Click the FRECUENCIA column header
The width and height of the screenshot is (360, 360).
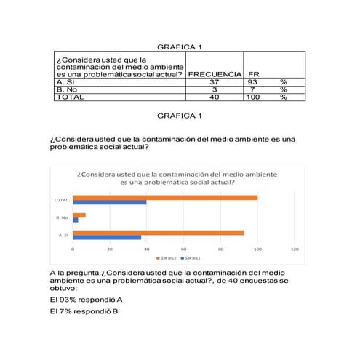(x=215, y=74)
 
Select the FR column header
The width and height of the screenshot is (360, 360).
(x=254, y=74)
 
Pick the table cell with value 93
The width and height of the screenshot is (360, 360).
(x=254, y=82)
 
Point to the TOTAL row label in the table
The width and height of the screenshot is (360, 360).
(x=71, y=97)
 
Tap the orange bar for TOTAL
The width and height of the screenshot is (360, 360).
(x=165, y=197)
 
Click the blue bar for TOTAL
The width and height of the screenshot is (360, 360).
(x=109, y=202)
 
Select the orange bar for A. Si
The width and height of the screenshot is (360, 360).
(x=159, y=233)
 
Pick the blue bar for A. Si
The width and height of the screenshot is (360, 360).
(x=107, y=237)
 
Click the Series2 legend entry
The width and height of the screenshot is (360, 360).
(x=167, y=258)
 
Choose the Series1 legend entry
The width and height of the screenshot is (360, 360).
(x=191, y=258)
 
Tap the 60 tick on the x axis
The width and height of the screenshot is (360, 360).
(x=183, y=249)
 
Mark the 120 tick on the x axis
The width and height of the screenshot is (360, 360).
(x=294, y=249)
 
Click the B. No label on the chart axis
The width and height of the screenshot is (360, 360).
(x=62, y=217)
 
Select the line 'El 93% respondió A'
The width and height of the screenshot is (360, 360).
(x=86, y=299)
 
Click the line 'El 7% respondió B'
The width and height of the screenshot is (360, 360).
(x=84, y=312)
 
